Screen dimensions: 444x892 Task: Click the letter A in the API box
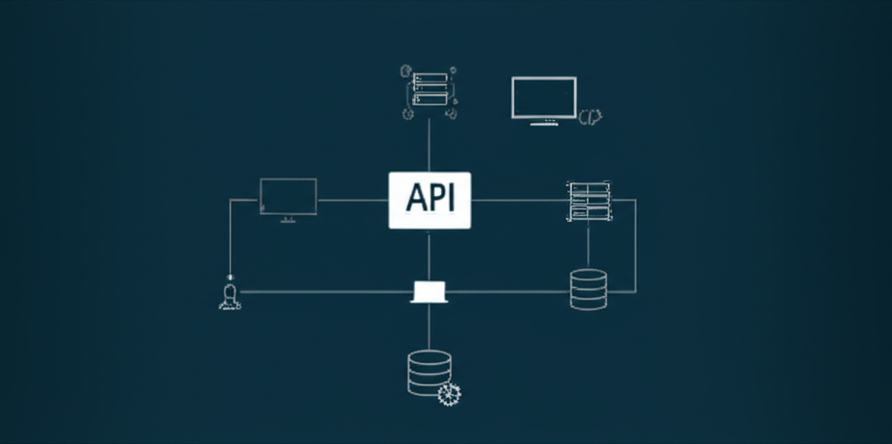(415, 198)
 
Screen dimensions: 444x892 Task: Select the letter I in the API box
(450, 198)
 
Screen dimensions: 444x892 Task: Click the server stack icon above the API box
(429, 91)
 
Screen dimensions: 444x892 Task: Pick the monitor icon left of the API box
(288, 197)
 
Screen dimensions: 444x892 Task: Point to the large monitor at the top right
(544, 97)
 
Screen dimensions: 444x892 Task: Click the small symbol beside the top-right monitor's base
(591, 116)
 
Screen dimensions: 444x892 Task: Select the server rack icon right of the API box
(590, 201)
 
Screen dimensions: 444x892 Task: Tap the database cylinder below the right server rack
(588, 289)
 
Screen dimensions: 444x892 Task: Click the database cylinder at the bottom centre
(429, 372)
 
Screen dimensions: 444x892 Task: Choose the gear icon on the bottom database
(449, 394)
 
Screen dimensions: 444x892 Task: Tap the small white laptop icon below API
(429, 292)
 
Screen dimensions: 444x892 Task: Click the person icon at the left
(229, 296)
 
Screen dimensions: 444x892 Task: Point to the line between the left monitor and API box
(352, 200)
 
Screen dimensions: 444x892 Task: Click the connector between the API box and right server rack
(518, 200)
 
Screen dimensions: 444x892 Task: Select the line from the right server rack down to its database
(589, 246)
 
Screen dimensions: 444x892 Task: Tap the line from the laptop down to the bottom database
(429, 326)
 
